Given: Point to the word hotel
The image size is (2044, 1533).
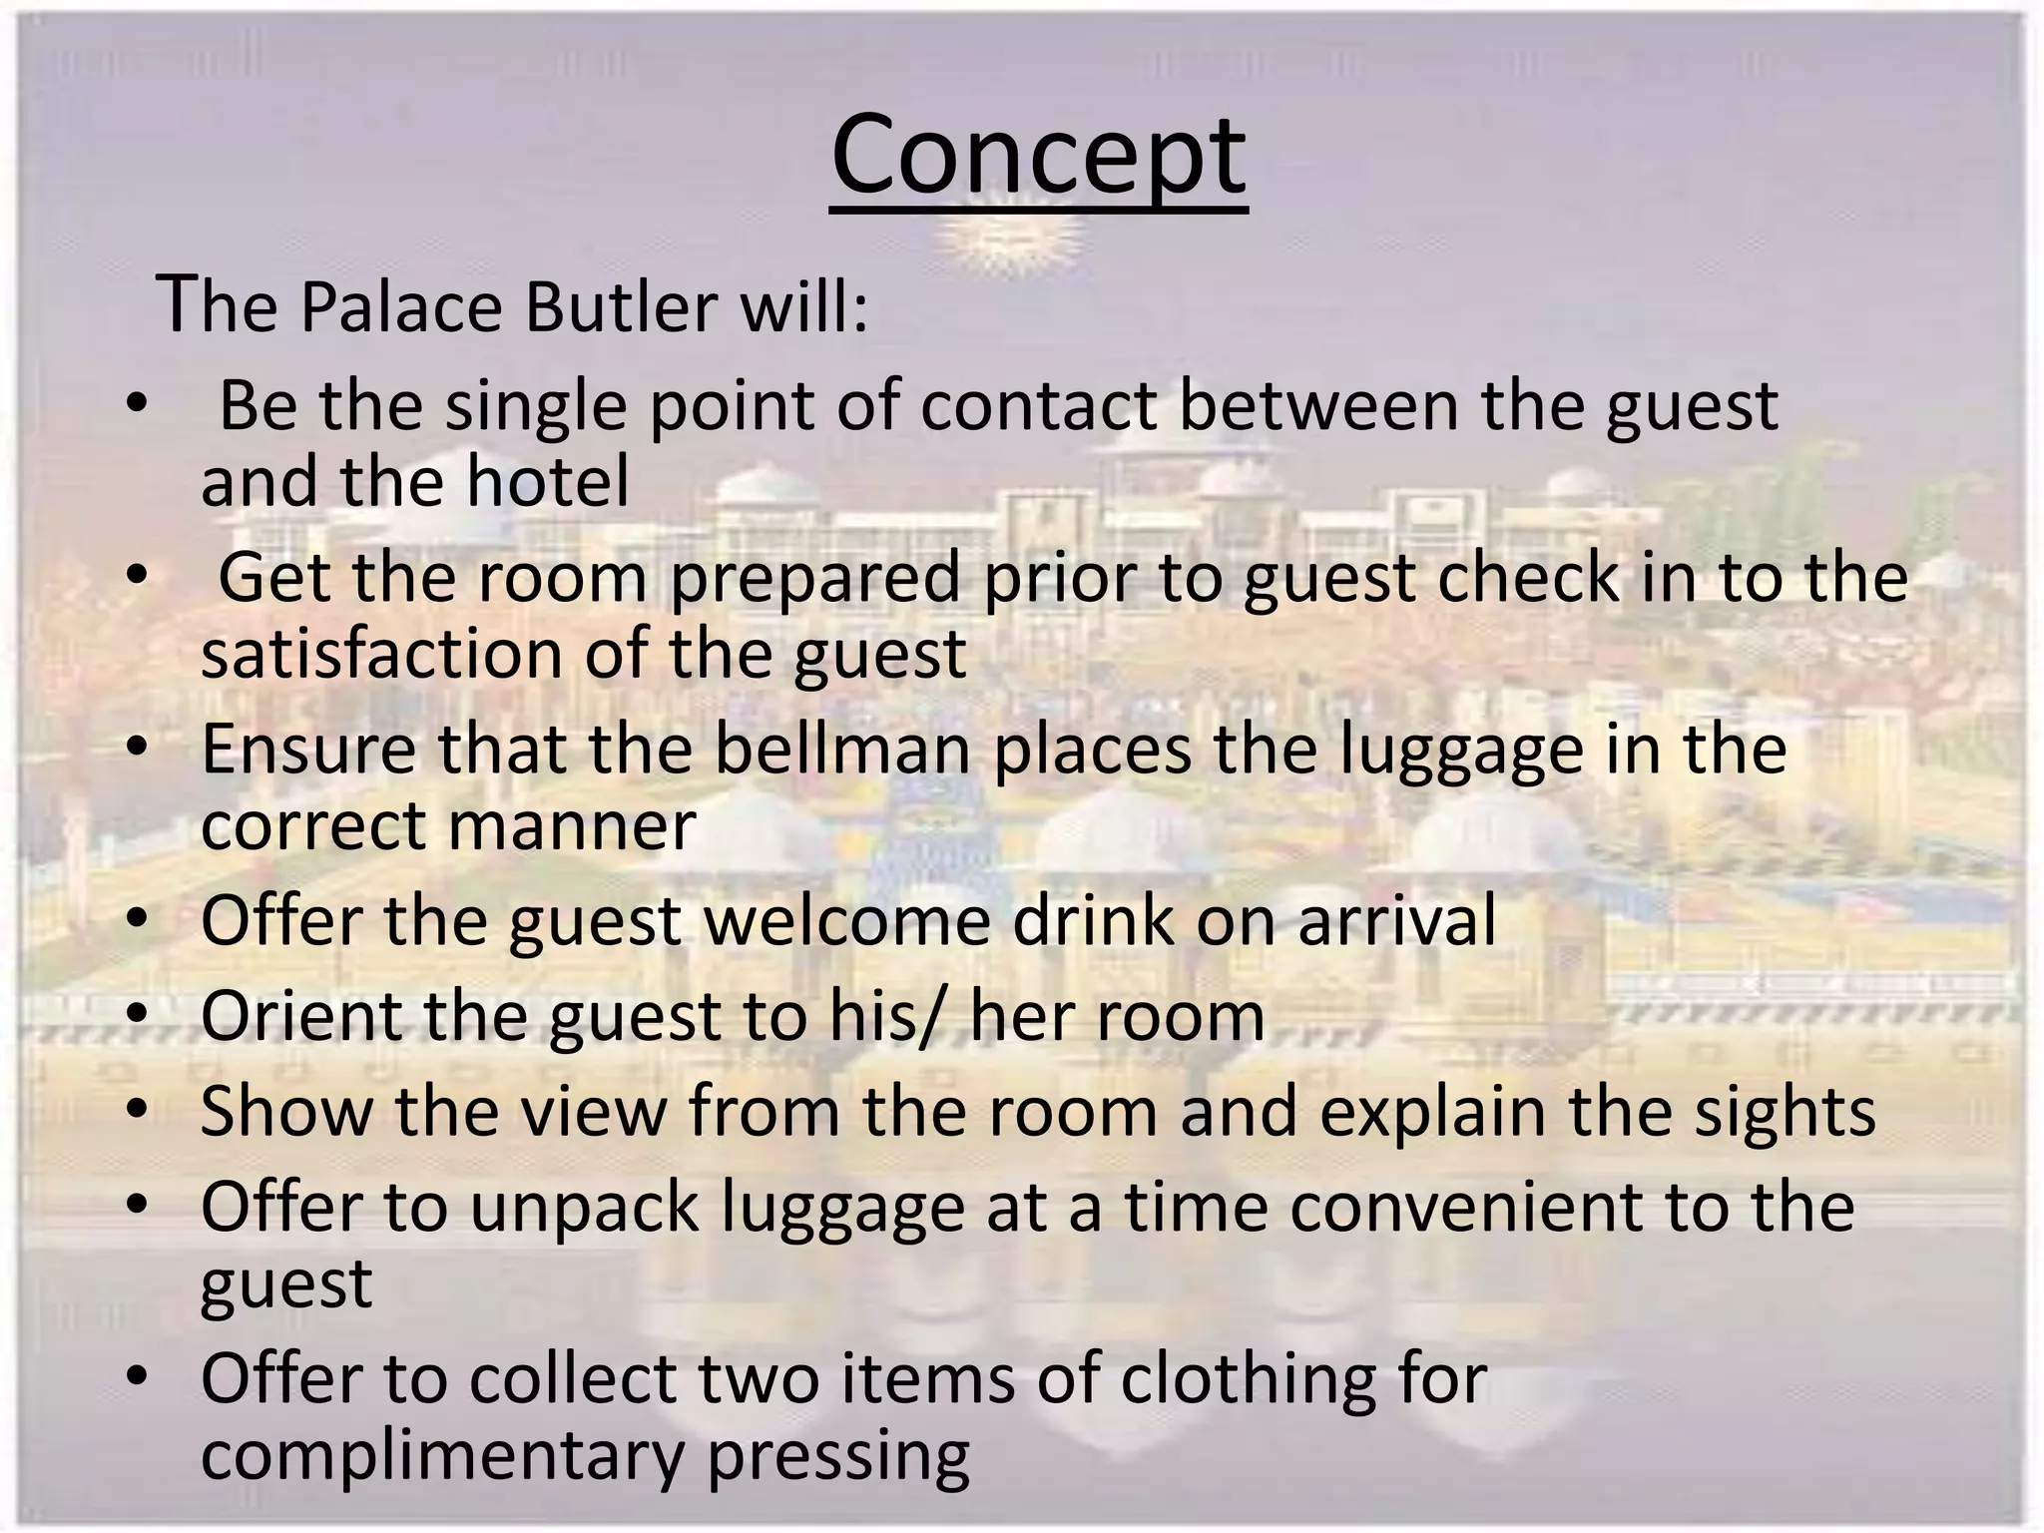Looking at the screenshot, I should coord(548,482).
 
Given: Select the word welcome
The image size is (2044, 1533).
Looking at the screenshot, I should coord(847,920).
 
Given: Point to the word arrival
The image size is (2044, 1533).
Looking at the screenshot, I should coord(1396,920).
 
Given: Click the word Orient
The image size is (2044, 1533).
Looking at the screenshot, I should coord(301,1016).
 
